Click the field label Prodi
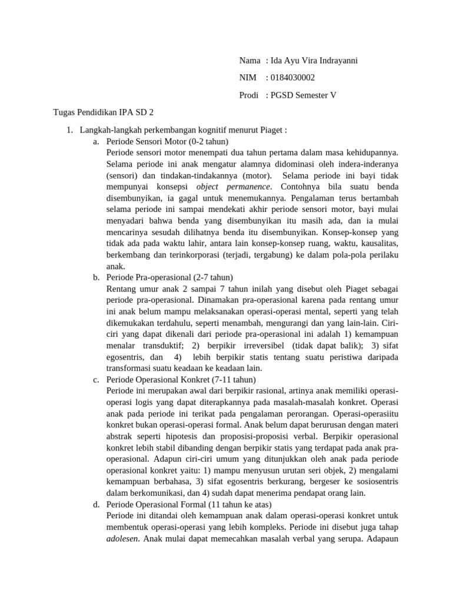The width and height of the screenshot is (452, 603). (x=249, y=95)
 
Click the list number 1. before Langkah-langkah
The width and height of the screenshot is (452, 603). (x=69, y=130)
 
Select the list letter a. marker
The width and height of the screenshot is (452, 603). (x=96, y=142)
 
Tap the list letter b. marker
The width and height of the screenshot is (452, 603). (x=96, y=277)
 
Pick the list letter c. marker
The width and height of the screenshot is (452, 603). (x=96, y=379)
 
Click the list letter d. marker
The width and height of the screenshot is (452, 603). (x=96, y=505)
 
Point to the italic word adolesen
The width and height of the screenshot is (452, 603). (x=124, y=539)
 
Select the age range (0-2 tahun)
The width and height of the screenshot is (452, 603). (x=208, y=142)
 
